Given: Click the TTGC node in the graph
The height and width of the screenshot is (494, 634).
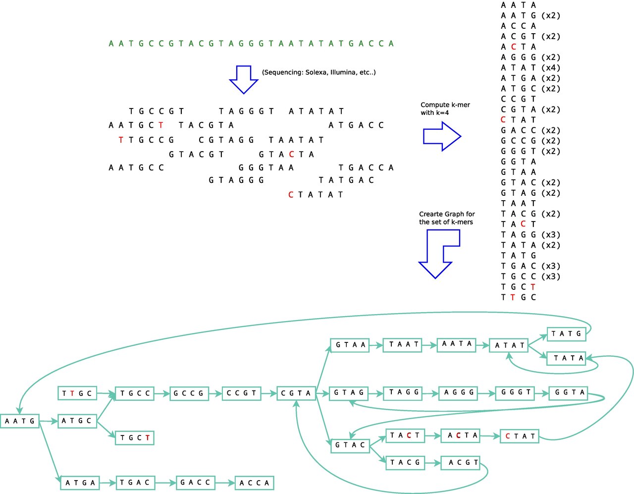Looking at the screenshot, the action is click(x=77, y=393).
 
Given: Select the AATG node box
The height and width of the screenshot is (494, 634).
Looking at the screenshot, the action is click(x=20, y=421).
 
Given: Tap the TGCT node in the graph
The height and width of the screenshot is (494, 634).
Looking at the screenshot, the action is click(x=135, y=438).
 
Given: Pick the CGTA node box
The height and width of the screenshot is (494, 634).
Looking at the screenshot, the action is click(x=296, y=393).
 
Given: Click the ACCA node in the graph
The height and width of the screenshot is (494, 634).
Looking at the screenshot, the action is click(x=255, y=483).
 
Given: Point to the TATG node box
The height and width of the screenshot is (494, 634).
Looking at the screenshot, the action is click(x=566, y=334).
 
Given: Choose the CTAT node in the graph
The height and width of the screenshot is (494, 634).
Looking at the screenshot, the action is click(x=520, y=436).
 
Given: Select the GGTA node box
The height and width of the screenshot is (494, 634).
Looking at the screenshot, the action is click(x=569, y=392).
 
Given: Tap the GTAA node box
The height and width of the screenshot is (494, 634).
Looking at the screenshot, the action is click(x=350, y=345).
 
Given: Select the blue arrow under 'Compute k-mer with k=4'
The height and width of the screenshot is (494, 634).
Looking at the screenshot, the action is click(x=442, y=136).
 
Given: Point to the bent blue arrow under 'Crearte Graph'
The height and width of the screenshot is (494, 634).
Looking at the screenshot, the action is click(x=439, y=254).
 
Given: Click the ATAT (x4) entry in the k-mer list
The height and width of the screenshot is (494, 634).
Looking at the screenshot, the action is click(x=530, y=68).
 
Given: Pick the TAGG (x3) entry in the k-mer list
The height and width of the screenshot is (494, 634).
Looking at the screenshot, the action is click(x=530, y=234).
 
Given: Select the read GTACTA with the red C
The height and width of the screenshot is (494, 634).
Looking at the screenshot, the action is click(x=286, y=155).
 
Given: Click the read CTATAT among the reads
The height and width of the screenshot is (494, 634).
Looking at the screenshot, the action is click(x=316, y=195).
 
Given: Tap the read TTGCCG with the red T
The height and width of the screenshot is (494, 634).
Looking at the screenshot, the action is click(x=147, y=140).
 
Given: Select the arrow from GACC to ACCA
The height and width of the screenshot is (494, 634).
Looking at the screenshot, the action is click(x=225, y=483).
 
